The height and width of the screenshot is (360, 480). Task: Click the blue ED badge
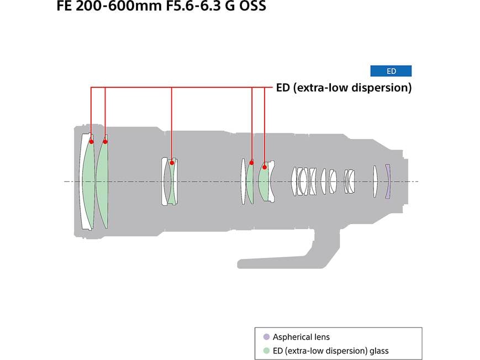pos(391,71)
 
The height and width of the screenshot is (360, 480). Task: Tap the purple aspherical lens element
pos(388,181)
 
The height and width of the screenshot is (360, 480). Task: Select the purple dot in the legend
pos(266,337)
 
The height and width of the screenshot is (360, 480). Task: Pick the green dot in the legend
pos(266,351)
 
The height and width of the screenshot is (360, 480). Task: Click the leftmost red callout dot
pos(91,141)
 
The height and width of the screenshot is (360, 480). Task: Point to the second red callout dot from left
pos(106,141)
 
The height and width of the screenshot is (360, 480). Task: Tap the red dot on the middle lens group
pos(172,162)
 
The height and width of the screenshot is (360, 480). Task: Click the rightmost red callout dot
pos(265,167)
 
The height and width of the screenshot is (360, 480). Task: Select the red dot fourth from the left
pos(252,162)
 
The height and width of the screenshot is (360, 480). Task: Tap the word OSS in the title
pos(252,6)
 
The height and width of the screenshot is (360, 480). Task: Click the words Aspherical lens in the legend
pos(301,337)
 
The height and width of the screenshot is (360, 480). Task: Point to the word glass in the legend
pos(379,351)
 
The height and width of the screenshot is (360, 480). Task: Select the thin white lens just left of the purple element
pos(375,181)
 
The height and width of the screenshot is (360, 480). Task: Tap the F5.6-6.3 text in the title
pos(193,6)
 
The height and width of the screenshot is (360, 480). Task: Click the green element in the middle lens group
pos(171,182)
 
